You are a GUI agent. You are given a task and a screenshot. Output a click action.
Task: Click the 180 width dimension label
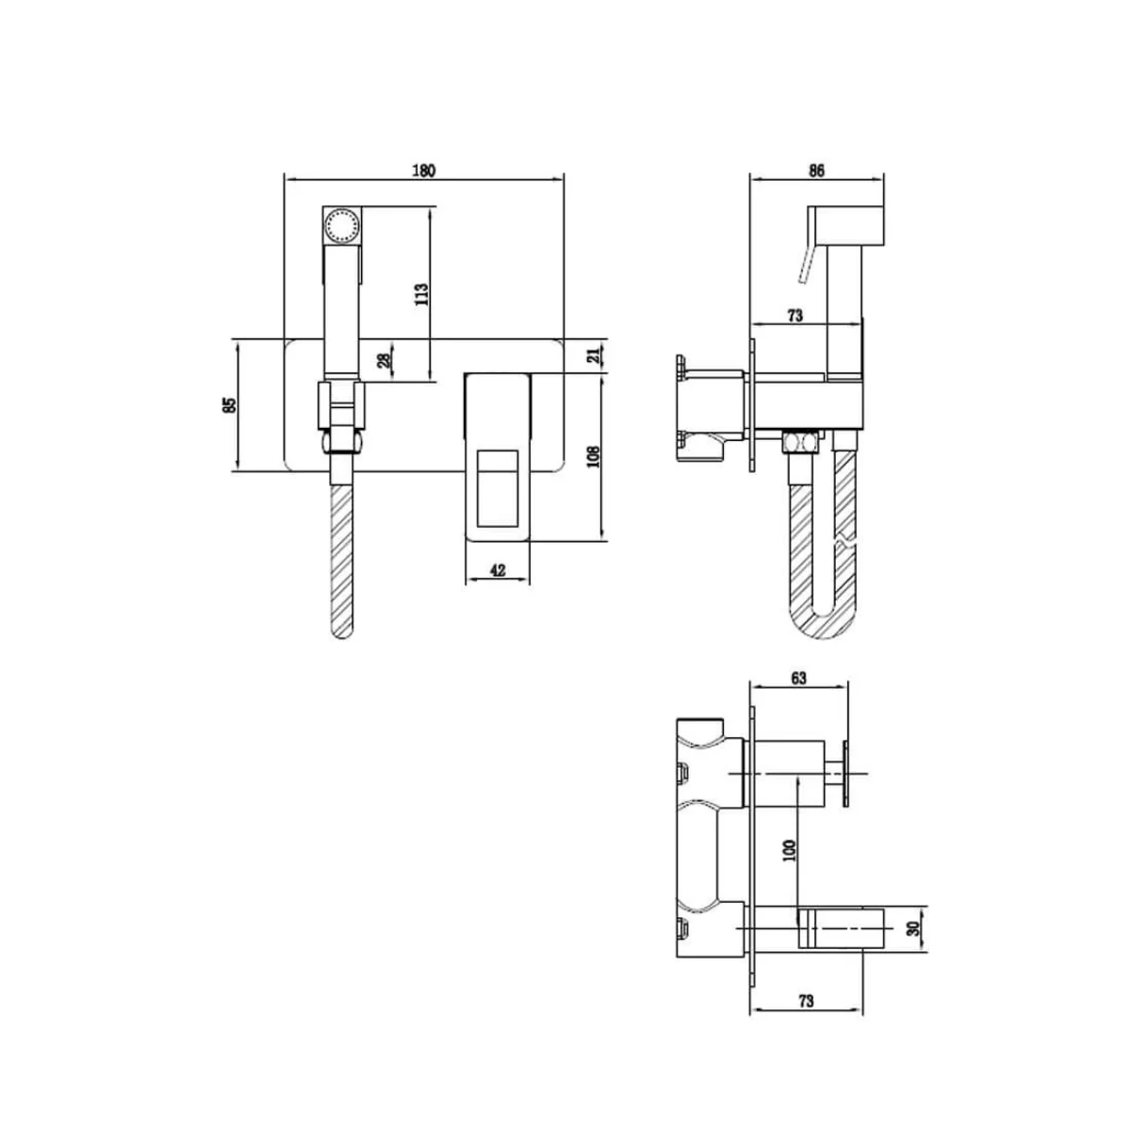[x=424, y=171]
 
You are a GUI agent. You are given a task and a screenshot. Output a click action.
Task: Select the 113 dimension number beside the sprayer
[x=421, y=294]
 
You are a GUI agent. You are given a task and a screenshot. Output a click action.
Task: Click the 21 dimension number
[x=593, y=355]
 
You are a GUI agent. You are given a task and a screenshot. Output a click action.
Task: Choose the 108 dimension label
[x=593, y=458]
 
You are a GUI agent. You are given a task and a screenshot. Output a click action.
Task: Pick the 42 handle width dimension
[x=499, y=570]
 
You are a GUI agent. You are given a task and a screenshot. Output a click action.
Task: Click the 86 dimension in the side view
[x=816, y=171]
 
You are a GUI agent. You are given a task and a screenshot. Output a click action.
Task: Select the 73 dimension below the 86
[x=794, y=317]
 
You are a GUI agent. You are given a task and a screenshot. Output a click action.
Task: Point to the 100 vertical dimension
[x=790, y=849]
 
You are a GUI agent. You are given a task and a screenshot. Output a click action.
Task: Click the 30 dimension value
[x=911, y=928]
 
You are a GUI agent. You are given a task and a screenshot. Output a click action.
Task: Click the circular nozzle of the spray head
[x=340, y=226]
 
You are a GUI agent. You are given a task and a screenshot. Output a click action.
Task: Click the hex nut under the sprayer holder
[x=340, y=441]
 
